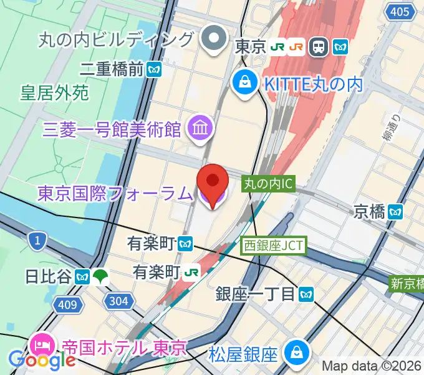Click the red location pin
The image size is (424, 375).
pos(212,181)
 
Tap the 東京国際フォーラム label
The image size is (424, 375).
pos(115,194)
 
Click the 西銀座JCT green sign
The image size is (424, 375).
pos(273,246)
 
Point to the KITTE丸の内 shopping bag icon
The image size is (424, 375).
pos(246,81)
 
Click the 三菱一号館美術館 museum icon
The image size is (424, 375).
pos(202,129)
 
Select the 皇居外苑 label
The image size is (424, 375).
pos(55,93)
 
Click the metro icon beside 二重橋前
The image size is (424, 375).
pos(154,68)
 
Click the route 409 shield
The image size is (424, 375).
pos(70,304)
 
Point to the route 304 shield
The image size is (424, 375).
pos(118,301)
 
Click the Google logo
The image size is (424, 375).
pos(42,361)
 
